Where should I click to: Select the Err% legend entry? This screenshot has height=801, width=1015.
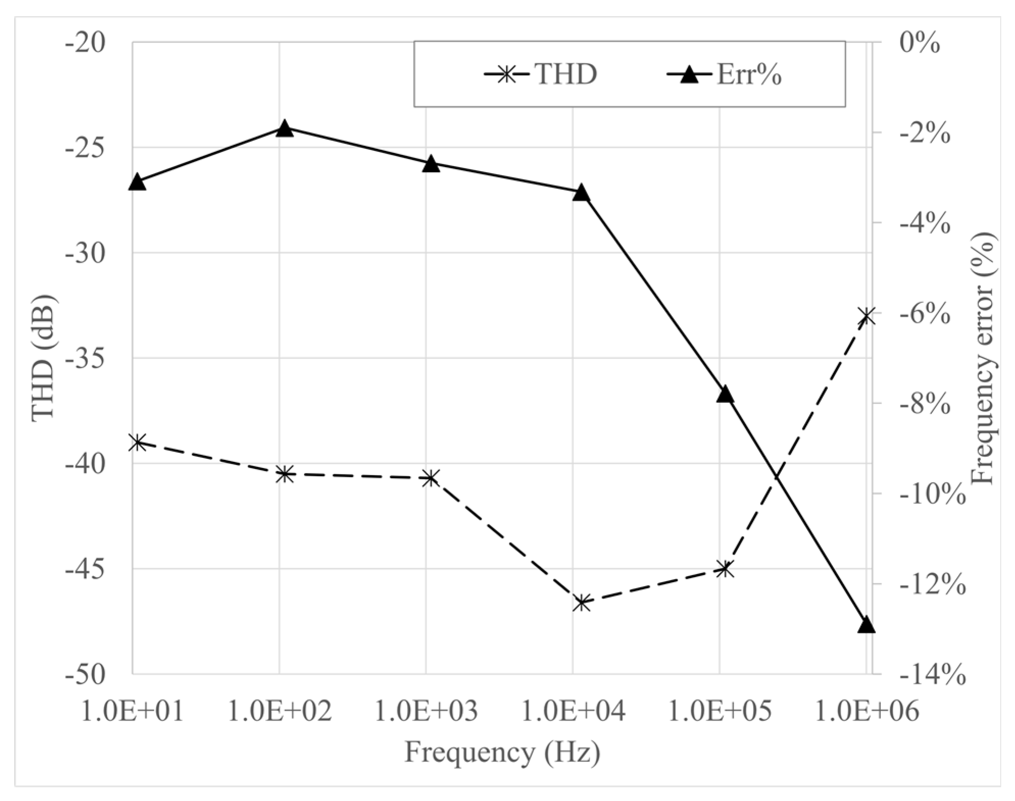[725, 75]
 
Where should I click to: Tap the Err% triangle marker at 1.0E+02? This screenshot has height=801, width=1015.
[285, 128]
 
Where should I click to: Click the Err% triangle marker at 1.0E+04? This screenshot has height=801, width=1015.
[581, 193]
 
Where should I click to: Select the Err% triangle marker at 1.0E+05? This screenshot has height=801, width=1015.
[725, 394]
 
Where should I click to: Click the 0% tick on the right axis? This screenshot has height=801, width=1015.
[919, 42]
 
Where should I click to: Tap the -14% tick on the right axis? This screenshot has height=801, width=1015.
[931, 675]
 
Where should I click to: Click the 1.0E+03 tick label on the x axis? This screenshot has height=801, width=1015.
[426, 710]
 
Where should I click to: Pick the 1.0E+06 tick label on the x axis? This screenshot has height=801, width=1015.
[867, 710]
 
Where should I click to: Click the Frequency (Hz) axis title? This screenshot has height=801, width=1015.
[502, 752]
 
